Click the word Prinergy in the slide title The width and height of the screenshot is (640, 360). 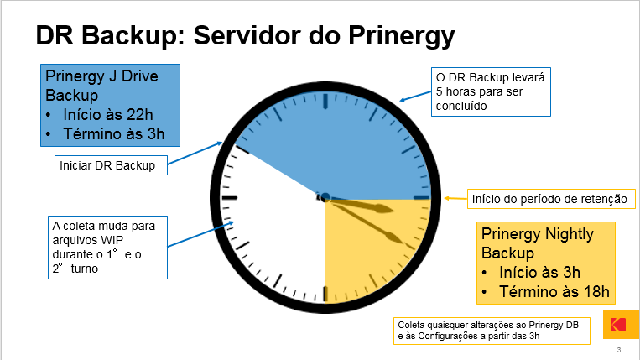click(x=401, y=36)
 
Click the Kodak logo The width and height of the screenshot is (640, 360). click(x=619, y=325)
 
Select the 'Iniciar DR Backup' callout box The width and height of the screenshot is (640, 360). click(x=111, y=165)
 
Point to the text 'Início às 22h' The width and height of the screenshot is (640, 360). click(x=107, y=115)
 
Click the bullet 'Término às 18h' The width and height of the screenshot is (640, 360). click(x=554, y=292)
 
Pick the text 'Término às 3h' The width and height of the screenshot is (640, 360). click(x=113, y=134)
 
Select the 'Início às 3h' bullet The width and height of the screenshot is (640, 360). click(x=539, y=272)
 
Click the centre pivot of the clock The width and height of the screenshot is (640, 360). click(x=325, y=198)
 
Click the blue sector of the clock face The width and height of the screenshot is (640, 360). click(x=347, y=151)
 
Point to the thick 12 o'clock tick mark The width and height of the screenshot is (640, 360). click(x=325, y=102)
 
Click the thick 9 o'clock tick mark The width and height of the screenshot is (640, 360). click(x=229, y=198)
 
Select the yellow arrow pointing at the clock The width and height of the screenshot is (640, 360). click(x=455, y=198)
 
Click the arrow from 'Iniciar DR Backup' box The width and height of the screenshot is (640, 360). click(x=195, y=153)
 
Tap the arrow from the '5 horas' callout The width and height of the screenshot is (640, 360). click(x=415, y=97)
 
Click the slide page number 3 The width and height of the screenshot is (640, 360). click(x=619, y=350)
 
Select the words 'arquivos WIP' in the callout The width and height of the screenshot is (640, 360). click(x=88, y=240)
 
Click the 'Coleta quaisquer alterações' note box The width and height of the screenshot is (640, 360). click(x=492, y=331)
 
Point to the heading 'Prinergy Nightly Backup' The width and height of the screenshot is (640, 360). click(x=537, y=243)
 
